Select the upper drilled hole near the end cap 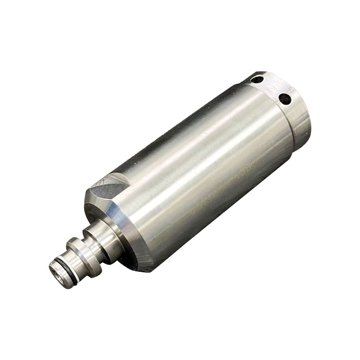coord(258,81)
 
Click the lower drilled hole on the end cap coord(283,98)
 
